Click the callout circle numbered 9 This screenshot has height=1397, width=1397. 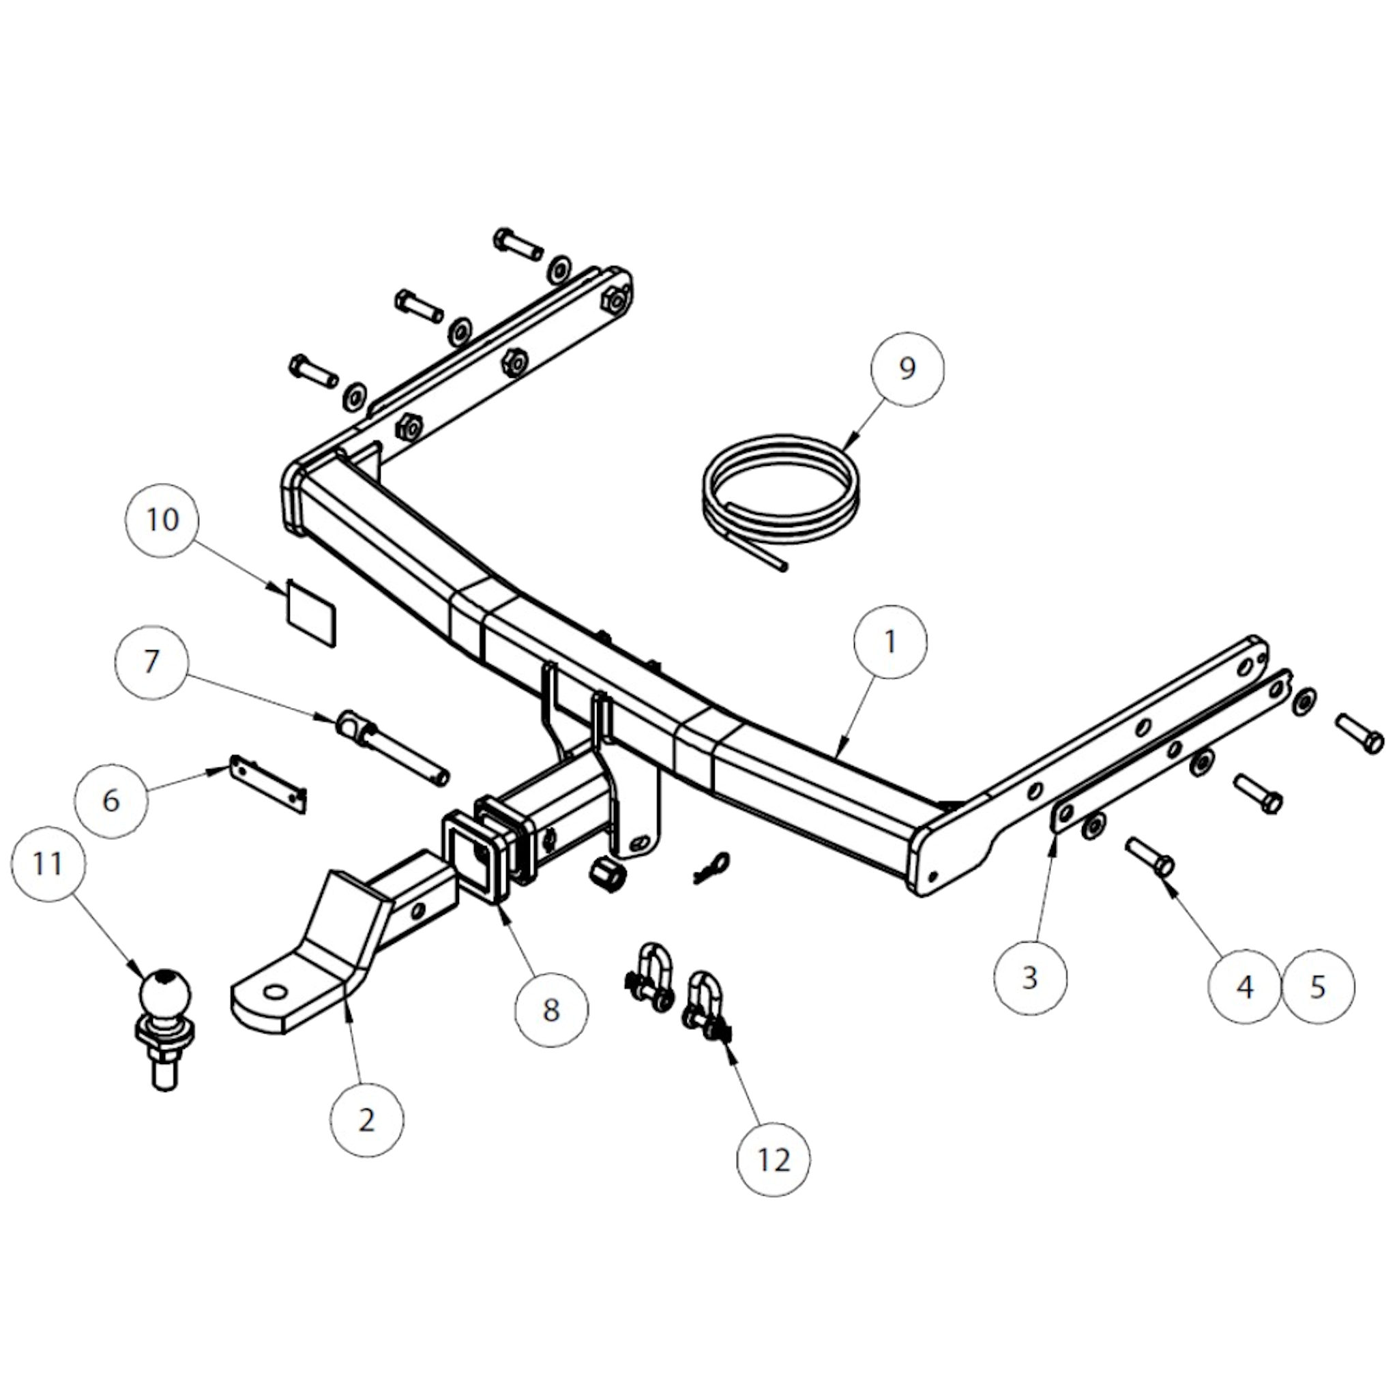(907, 369)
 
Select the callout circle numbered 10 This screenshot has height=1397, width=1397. (162, 520)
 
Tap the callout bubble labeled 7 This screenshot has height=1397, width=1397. (151, 661)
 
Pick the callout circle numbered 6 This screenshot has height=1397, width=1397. (111, 800)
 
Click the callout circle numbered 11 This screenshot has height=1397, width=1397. (48, 865)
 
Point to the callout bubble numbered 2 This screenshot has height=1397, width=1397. (366, 1121)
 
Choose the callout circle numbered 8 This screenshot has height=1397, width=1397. (552, 1010)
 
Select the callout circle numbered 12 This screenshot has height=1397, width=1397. (773, 1160)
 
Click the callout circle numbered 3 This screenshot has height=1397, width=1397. (1029, 977)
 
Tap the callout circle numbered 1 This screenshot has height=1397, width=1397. (890, 642)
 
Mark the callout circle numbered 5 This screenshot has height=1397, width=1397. (1317, 987)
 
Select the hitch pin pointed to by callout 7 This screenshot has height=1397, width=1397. (394, 748)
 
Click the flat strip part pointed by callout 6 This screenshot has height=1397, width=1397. (268, 784)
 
